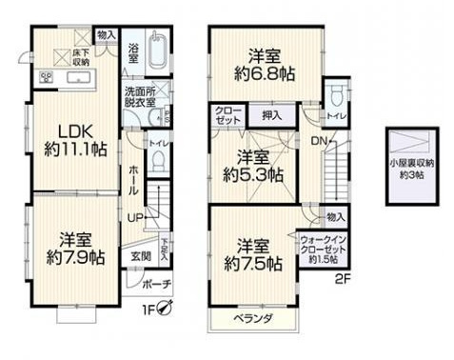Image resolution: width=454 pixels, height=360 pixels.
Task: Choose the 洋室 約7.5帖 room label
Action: (251, 253)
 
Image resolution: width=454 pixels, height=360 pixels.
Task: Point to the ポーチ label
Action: (157, 285)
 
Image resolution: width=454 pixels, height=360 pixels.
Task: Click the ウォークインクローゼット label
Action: (324, 248)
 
